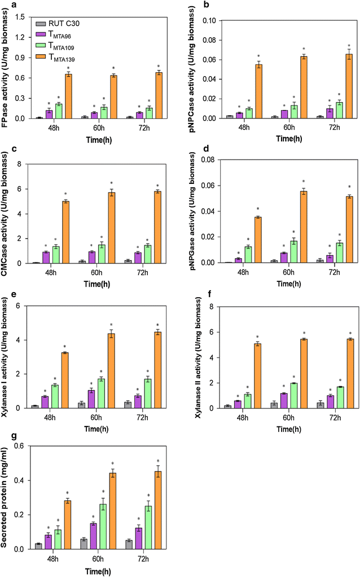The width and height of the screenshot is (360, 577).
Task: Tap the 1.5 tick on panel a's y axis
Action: pos(23,17)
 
